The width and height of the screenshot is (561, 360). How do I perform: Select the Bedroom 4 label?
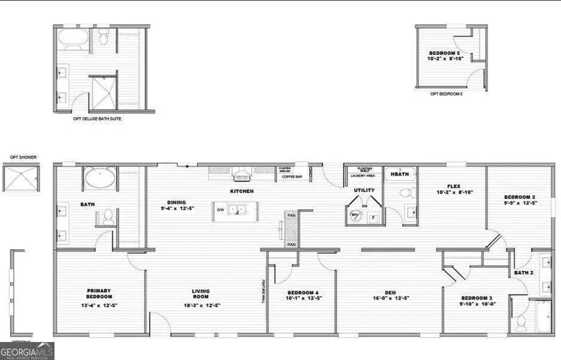click(x=303, y=293)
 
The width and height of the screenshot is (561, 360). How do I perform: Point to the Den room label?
click(x=390, y=293)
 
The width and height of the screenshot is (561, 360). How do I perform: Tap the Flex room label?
click(x=453, y=186)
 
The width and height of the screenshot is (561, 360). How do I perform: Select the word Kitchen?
click(x=242, y=191)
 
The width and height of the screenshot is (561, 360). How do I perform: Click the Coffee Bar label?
click(x=292, y=176)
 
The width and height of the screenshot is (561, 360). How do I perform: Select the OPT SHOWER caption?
click(x=19, y=158)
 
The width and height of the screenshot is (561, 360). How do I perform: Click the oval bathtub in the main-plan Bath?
click(x=100, y=179)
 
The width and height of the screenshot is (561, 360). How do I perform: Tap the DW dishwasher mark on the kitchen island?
click(x=220, y=210)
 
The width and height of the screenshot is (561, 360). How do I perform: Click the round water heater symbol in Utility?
click(x=355, y=215)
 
